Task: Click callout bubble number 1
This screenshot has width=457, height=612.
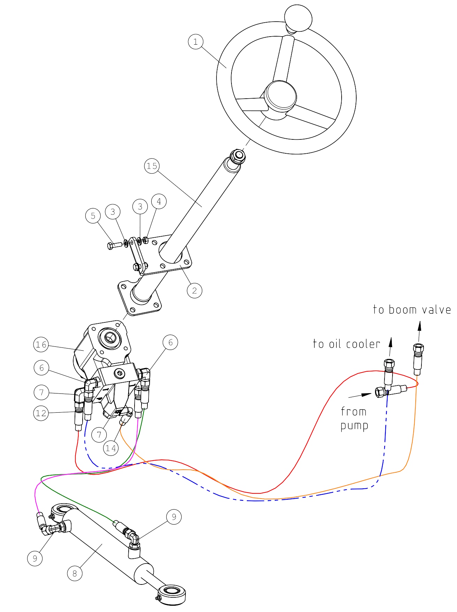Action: [196, 42]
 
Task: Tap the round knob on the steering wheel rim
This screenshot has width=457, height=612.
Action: [298, 17]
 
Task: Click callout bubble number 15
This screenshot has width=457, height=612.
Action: [152, 166]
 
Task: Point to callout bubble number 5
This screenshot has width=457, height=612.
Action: [93, 216]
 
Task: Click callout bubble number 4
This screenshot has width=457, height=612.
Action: [159, 201]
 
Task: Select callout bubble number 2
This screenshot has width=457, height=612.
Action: [195, 290]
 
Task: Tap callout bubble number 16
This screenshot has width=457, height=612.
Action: [41, 345]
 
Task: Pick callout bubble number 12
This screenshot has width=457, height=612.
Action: [41, 413]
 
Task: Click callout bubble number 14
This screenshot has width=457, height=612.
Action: [111, 448]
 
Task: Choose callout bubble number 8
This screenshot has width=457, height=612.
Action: [75, 573]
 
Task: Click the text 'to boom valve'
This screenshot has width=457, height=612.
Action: [412, 309]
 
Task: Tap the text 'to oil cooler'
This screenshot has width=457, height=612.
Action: [346, 344]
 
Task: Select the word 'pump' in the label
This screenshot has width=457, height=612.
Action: [354, 426]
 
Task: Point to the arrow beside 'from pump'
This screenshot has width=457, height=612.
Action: [360, 396]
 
